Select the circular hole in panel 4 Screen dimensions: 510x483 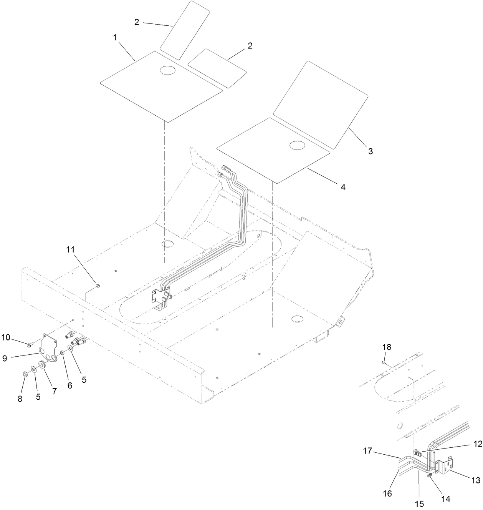pyautogui.click(x=297, y=145)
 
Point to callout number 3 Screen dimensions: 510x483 pyautogui.click(x=370, y=151)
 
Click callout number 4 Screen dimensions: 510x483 pyautogui.click(x=343, y=187)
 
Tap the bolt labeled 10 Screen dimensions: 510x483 pyautogui.click(x=30, y=343)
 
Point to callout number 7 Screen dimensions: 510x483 pyautogui.click(x=54, y=391)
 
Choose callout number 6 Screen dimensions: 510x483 pyautogui.click(x=69, y=385)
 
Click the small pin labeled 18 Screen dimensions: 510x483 pyautogui.click(x=384, y=362)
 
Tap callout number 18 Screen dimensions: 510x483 pyautogui.click(x=387, y=347)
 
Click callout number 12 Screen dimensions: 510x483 pyautogui.click(x=477, y=444)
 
